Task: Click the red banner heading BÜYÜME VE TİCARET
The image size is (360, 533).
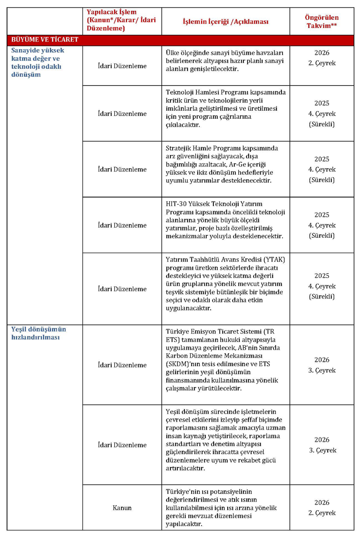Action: click(45, 40)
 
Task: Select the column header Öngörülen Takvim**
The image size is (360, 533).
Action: click(321, 22)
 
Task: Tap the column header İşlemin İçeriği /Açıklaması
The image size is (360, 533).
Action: click(226, 22)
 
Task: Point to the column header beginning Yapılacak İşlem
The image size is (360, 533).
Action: click(121, 20)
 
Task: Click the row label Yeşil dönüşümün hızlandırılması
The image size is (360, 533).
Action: click(39, 333)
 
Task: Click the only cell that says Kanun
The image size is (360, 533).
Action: click(122, 508)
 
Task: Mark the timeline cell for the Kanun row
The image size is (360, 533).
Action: click(321, 508)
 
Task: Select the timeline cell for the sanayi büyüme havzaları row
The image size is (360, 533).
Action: click(321, 58)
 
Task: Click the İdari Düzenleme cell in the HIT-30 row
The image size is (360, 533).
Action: click(122, 225)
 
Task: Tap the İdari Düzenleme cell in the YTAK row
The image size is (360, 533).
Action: click(122, 289)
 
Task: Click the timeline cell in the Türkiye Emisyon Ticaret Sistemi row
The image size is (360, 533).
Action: click(321, 365)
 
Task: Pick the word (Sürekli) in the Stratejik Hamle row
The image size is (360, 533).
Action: click(321, 180)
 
